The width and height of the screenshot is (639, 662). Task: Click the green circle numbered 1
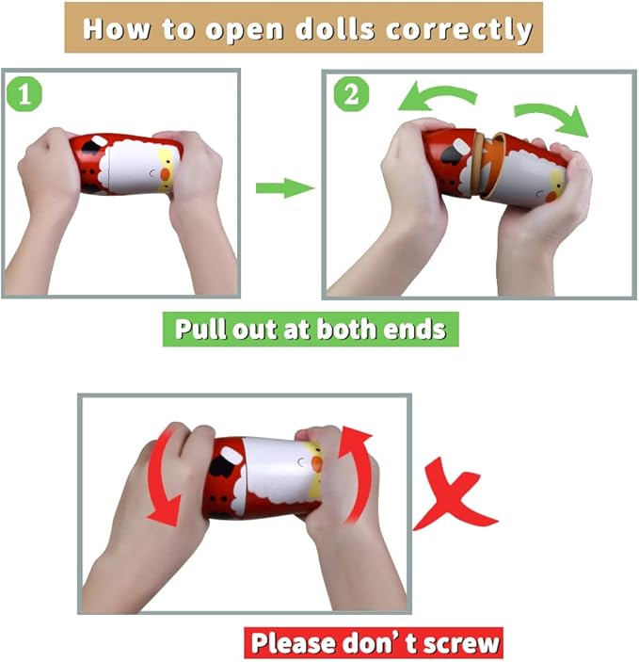click(24, 94)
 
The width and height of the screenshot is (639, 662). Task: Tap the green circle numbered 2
click(351, 94)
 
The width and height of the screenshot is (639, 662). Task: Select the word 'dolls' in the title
click(335, 28)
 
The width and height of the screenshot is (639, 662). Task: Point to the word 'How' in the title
click(117, 28)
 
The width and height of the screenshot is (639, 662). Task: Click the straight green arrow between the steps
click(285, 188)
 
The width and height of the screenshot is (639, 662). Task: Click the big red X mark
click(455, 494)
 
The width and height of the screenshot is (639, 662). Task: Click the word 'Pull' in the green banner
click(200, 329)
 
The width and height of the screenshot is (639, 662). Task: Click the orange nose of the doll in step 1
click(166, 174)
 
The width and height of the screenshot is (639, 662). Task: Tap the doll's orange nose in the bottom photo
click(316, 464)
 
